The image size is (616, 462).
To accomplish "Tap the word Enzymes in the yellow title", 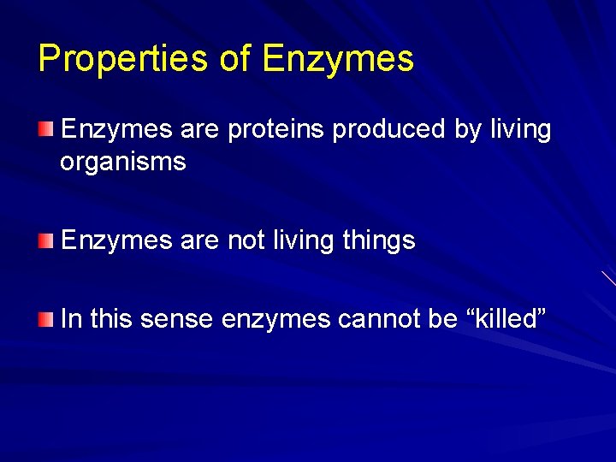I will click(x=338, y=59).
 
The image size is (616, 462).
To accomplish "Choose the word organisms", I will click(x=122, y=163).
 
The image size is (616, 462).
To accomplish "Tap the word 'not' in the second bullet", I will click(x=246, y=241).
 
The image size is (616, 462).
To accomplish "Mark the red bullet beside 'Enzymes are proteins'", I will click(x=44, y=129).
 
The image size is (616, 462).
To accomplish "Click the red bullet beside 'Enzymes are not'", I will click(x=44, y=241).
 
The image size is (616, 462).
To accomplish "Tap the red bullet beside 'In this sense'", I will click(x=44, y=319).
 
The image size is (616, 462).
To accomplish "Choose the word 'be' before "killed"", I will click(x=443, y=319).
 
